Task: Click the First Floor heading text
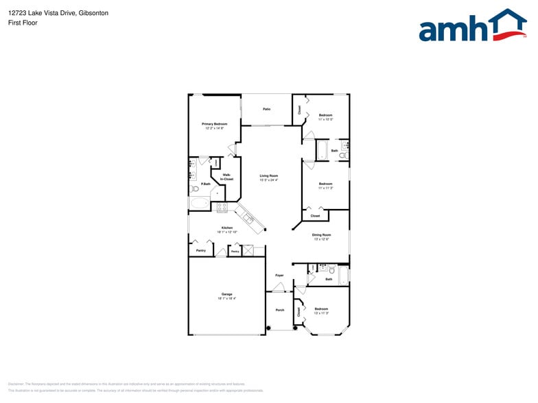23,23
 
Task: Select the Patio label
266,109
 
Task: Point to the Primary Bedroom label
214,124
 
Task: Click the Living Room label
268,176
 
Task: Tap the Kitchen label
226,228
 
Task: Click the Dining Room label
321,235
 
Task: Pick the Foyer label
279,275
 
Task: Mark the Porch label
280,310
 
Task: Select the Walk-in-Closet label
227,177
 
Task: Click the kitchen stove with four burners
222,206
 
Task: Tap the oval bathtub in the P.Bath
200,203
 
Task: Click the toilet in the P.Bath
195,188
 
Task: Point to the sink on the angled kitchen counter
248,219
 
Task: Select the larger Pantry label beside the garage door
200,251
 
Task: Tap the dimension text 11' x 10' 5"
325,119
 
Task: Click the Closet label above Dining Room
315,216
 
